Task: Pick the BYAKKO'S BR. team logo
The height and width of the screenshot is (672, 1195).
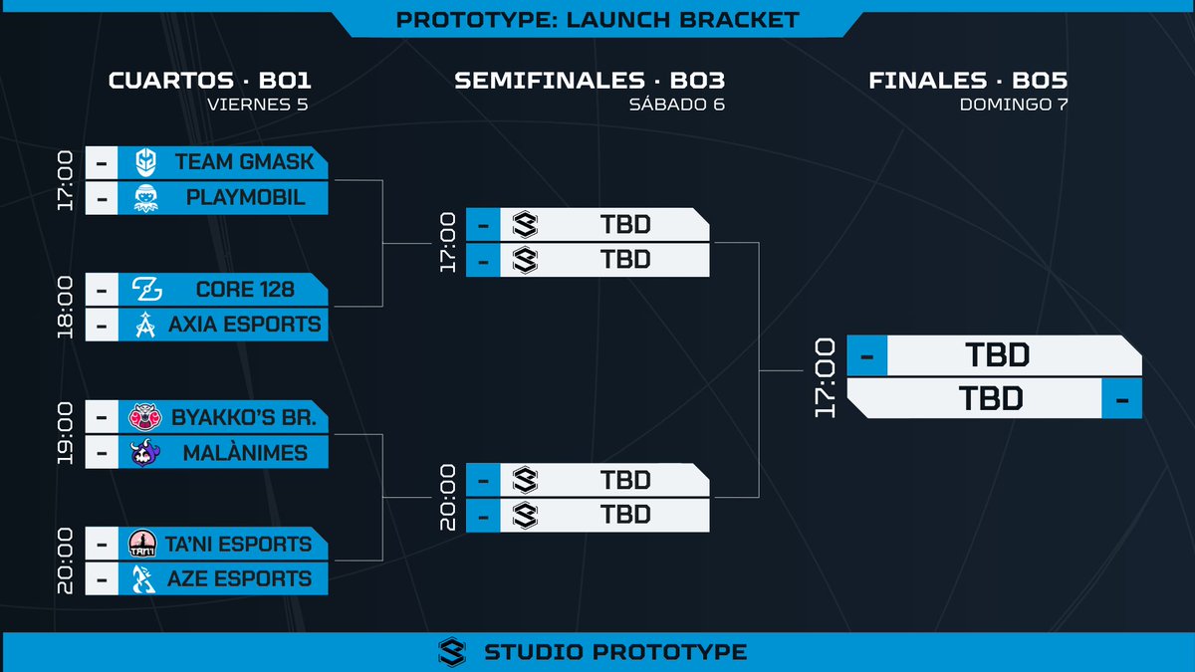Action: pos(139,417)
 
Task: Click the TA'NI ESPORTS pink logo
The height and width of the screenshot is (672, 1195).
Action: pos(140,544)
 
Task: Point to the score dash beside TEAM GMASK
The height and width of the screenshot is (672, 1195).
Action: pos(102,162)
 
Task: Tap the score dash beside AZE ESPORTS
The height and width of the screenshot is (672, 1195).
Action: pos(102,578)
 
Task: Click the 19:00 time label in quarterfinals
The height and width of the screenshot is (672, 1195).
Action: pos(65,435)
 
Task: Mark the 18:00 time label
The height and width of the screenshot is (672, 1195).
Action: pos(65,308)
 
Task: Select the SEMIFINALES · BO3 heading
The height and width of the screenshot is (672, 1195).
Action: pos(589,81)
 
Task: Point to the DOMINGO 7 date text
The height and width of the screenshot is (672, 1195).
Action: pos(1014,105)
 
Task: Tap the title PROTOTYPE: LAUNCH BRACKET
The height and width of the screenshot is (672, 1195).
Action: pos(597,20)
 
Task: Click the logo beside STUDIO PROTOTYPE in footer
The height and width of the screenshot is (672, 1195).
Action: pos(452,652)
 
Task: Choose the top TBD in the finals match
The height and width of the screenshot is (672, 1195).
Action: pos(996,355)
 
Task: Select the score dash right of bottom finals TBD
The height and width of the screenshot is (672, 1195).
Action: pos(1122,398)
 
